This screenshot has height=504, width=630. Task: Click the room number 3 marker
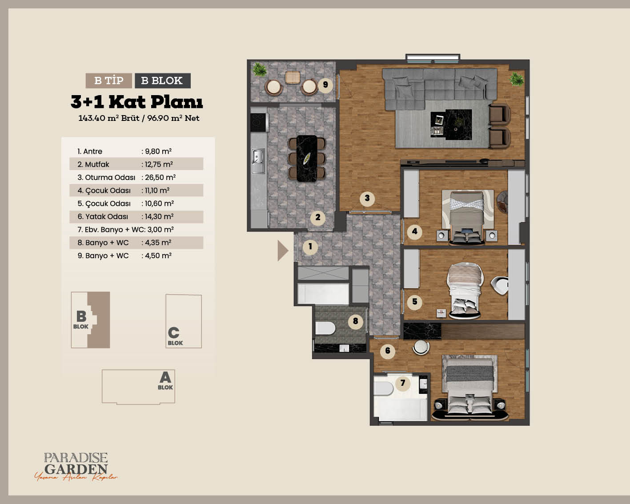(367, 198)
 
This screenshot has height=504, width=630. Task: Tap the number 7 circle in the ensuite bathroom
(403, 383)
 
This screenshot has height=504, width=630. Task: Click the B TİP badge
(108, 80)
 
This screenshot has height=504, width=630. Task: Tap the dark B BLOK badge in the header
(162, 80)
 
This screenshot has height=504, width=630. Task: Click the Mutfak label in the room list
(97, 164)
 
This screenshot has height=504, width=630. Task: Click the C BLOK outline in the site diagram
(184, 321)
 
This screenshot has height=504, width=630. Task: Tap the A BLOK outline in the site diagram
(138, 387)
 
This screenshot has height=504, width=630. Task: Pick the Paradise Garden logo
(76, 467)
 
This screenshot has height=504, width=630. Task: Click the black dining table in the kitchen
(307, 158)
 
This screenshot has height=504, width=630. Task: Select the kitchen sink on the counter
(258, 161)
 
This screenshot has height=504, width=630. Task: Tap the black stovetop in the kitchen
(258, 122)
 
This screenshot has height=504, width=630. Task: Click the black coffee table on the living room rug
(458, 125)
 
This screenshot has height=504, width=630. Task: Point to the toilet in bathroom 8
(325, 328)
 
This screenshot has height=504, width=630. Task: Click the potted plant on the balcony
(259, 70)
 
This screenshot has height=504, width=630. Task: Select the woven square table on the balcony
(293, 77)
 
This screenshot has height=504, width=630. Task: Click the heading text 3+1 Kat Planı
(136, 102)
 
